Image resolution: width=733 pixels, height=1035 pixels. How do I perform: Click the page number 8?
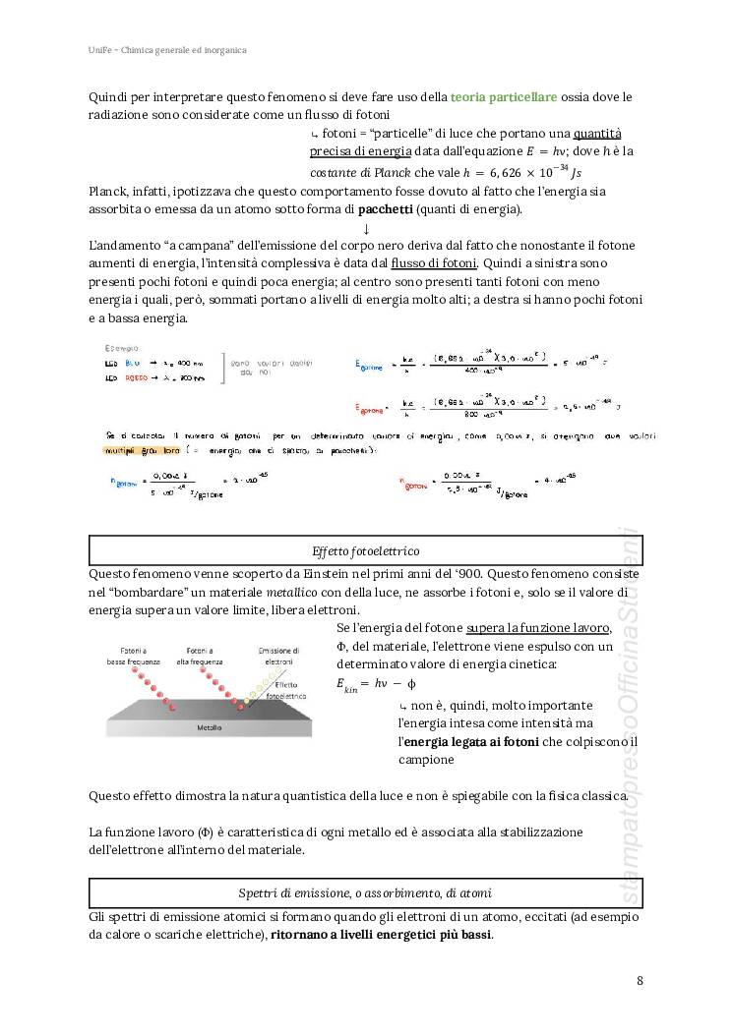641,980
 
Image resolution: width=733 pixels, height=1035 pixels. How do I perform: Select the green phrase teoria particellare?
504,96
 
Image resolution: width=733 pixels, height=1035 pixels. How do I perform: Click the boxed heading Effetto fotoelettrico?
364,550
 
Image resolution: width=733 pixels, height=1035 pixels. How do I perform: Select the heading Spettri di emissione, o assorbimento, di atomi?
364,892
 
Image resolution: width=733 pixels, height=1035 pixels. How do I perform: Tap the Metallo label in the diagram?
209,728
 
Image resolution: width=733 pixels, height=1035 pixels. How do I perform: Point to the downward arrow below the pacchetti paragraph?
365,228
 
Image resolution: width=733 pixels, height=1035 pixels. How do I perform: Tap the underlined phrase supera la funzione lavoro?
538,628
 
